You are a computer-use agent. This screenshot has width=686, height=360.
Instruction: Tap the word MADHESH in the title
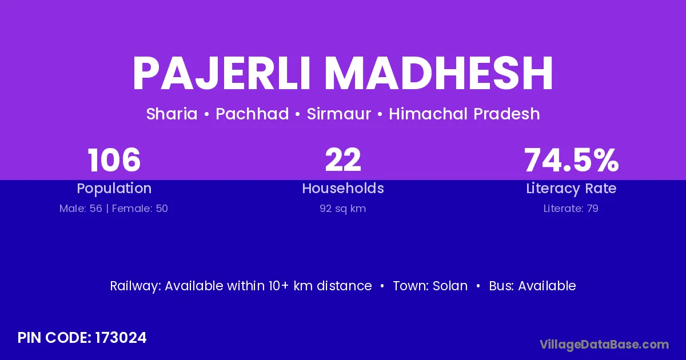click(438, 73)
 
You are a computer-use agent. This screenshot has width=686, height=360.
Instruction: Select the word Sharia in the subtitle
click(172, 114)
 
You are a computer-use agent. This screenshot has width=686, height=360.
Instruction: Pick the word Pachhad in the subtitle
click(252, 114)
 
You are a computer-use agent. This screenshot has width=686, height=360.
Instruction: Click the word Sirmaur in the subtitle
click(338, 114)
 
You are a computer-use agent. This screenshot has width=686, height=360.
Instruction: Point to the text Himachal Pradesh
click(464, 114)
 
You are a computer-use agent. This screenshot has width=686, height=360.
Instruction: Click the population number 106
click(114, 160)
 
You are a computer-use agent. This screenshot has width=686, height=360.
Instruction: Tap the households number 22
click(343, 160)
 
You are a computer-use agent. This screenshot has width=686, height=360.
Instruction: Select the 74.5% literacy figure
click(572, 160)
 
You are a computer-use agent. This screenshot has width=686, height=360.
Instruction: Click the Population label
click(114, 189)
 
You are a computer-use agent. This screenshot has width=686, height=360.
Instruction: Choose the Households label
click(343, 188)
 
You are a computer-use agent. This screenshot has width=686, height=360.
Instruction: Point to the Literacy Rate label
click(571, 189)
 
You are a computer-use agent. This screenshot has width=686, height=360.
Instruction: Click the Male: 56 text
click(81, 209)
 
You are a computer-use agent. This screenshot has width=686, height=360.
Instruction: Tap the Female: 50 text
click(139, 209)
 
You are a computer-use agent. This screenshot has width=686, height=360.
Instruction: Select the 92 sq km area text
click(342, 209)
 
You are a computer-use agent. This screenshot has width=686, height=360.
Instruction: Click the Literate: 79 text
click(571, 209)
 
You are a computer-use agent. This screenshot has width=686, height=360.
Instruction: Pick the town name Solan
click(450, 286)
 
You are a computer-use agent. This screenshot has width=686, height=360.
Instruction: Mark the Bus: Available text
click(532, 286)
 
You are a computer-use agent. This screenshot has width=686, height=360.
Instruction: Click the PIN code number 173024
click(121, 338)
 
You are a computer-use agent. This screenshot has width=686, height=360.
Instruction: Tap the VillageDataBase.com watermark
click(604, 345)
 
